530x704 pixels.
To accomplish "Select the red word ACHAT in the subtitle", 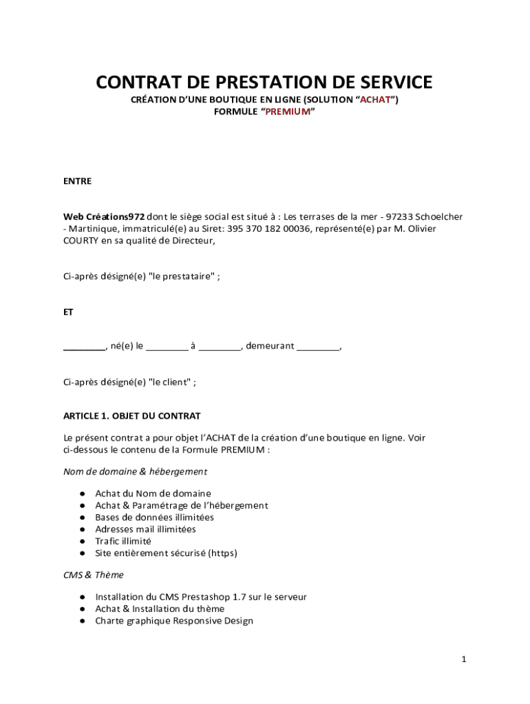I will coord(375,100).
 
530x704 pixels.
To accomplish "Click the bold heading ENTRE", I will coord(78,181).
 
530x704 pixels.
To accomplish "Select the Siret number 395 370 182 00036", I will coord(269,229).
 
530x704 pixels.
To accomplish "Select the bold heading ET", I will coord(69,311).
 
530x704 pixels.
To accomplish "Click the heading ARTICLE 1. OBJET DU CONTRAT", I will coord(132,417).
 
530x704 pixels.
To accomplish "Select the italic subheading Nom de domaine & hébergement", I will coord(135,472).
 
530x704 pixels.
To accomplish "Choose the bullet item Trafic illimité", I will coord(123,541).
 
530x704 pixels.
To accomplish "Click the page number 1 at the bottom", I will coord(464,660).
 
